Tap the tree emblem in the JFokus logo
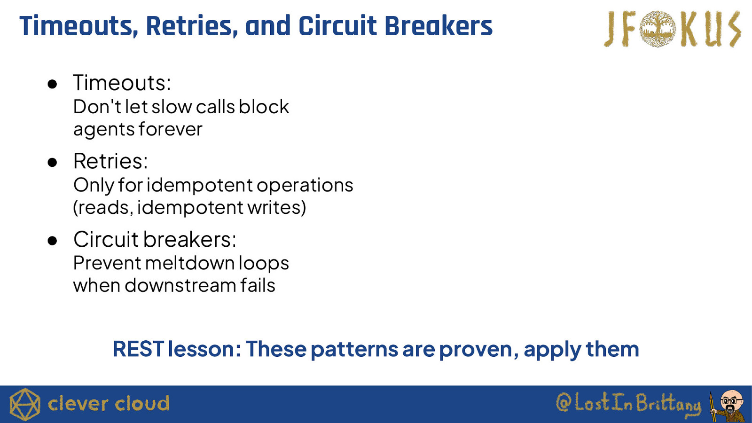click(x=658, y=29)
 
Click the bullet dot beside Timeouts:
click(x=52, y=84)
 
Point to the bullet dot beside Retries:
click(x=52, y=163)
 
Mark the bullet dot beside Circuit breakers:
click(x=52, y=241)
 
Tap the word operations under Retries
click(x=305, y=186)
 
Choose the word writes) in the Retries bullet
click(x=277, y=207)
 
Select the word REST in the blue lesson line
click(x=138, y=349)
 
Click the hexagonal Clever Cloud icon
click(x=25, y=404)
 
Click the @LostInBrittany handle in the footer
click(x=628, y=403)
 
